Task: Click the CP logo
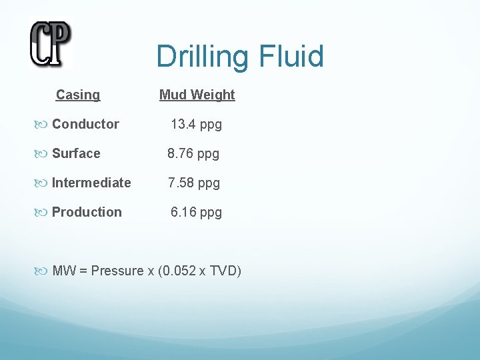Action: pyautogui.click(x=50, y=44)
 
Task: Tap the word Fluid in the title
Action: pyautogui.click(x=292, y=57)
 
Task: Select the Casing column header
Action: pyautogui.click(x=78, y=95)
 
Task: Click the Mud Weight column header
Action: pyautogui.click(x=197, y=95)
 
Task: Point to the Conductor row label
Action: pyautogui.click(x=85, y=124)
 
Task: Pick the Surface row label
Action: pyautogui.click(x=76, y=153)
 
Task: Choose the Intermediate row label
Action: pyautogui.click(x=91, y=183)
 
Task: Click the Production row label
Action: pyautogui.click(x=87, y=212)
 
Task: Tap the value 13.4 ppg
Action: pyautogui.click(x=196, y=124)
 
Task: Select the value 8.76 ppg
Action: pyautogui.click(x=193, y=154)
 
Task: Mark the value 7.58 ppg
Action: pyautogui.click(x=193, y=183)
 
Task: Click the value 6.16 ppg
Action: pyautogui.click(x=196, y=213)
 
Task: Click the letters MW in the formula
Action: pyautogui.click(x=63, y=271)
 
